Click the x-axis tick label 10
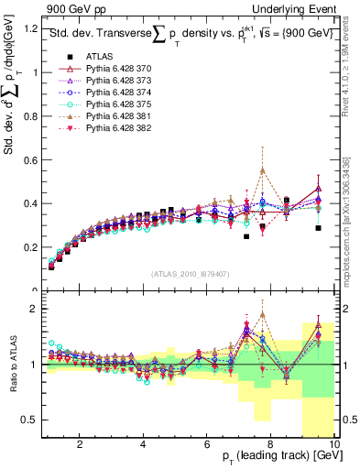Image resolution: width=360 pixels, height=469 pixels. [334, 444]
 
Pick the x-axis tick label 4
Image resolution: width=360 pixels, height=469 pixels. [143, 444]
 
